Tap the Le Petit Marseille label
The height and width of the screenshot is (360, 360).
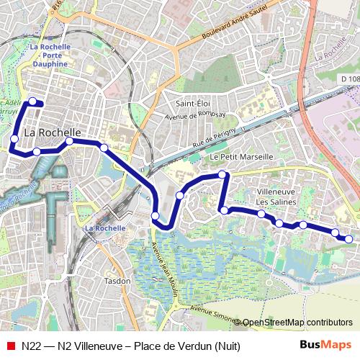point(241,156)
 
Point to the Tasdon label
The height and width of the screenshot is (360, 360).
point(117,281)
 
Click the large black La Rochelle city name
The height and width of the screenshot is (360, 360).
point(53,133)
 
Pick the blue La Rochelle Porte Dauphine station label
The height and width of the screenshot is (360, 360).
point(50,55)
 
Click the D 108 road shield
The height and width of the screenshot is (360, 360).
point(348,78)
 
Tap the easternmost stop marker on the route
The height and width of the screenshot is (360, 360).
point(349,239)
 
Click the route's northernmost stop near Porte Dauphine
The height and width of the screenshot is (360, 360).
point(32,103)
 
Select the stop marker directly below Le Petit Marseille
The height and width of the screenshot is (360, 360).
point(223,174)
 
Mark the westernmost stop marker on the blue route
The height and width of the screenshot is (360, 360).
point(14,138)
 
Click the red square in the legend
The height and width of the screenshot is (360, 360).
point(10,346)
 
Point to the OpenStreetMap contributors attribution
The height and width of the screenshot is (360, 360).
point(297,323)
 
